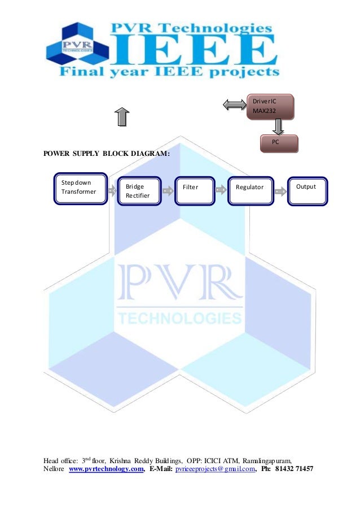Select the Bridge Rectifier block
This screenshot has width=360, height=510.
click(138, 191)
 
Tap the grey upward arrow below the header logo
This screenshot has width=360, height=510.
click(121, 117)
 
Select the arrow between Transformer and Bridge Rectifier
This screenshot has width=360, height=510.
click(111, 191)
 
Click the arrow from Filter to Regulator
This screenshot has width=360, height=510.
click(221, 191)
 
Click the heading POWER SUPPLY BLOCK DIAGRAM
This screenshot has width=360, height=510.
click(107, 154)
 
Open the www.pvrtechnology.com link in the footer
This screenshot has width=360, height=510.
click(106, 469)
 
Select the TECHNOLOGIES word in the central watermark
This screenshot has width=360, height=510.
click(179, 317)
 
